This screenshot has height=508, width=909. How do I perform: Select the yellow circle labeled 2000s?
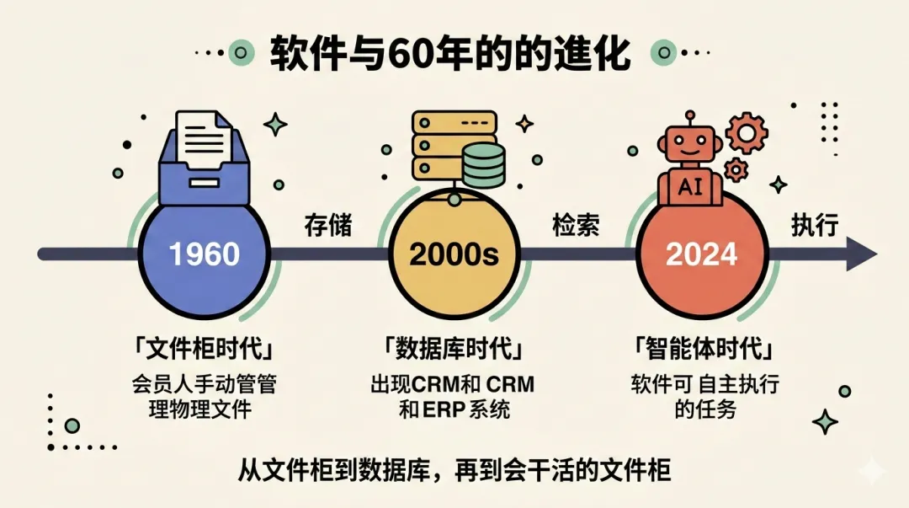point(454,254)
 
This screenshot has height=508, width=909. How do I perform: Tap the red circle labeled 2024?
point(700,254)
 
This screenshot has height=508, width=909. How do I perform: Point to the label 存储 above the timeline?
point(327,226)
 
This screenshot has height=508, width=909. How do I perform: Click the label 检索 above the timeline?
point(576,226)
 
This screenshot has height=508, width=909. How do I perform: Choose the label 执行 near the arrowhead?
point(815,226)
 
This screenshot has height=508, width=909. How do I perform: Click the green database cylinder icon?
point(483,167)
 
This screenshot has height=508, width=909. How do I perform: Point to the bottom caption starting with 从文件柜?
point(454,468)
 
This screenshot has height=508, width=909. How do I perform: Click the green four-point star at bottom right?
point(824,421)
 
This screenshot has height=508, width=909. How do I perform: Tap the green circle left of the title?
point(242,53)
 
